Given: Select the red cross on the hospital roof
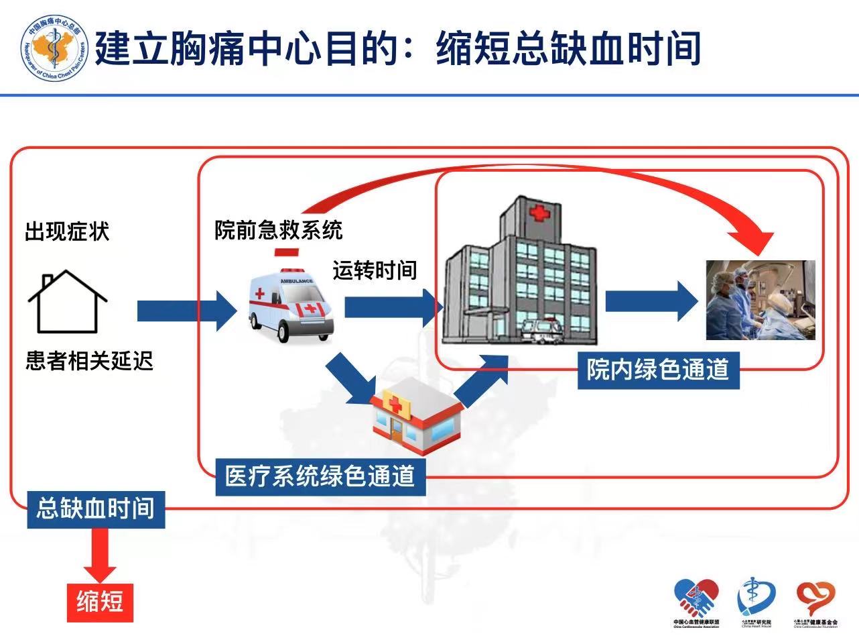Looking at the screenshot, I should coord(537,214).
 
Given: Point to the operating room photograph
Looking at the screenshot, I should coord(761,300).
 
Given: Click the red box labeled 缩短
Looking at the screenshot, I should coord(99,601).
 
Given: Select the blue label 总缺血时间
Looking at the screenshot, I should coord(96,508).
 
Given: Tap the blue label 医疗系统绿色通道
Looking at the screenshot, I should coord(320,476).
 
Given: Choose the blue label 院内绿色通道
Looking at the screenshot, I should coord(658,370).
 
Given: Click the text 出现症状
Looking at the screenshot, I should coord(67,232).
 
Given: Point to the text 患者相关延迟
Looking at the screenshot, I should coord(90,361).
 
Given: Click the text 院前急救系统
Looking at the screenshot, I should coord(278,230).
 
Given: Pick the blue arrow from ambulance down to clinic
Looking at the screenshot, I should coord(351,380).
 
